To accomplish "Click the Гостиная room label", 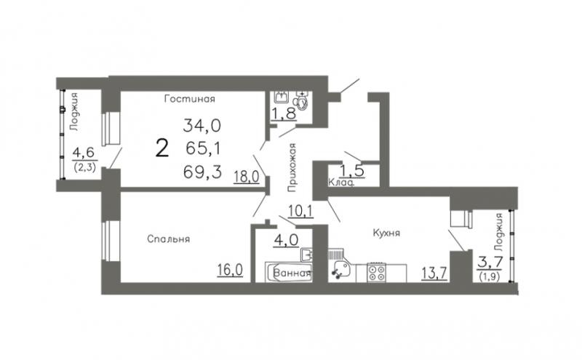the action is click(x=190, y=99).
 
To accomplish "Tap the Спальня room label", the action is click(x=169, y=239).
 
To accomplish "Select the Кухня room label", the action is click(x=386, y=233).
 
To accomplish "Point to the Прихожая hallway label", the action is click(x=293, y=167).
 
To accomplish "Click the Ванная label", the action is click(x=292, y=273).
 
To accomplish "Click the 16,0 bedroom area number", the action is click(x=230, y=270).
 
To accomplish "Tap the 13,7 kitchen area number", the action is click(x=434, y=273).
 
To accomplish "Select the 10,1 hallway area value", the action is click(x=301, y=211).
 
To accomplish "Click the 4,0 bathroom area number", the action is click(x=286, y=240).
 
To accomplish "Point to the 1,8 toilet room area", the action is click(x=284, y=113).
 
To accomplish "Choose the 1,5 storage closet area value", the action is click(x=352, y=171).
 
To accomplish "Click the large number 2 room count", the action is click(x=162, y=148).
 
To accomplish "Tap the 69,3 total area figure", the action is click(x=203, y=172).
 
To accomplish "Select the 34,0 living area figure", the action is click(x=202, y=126).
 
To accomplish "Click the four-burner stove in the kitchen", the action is click(x=376, y=273).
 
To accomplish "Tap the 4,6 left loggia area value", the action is click(x=84, y=153).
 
